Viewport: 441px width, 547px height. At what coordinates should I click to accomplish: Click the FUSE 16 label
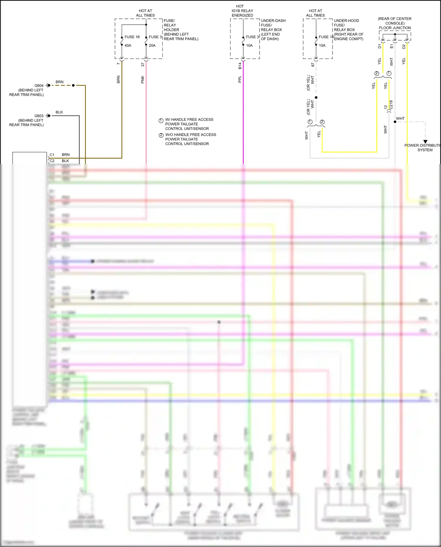(132, 37)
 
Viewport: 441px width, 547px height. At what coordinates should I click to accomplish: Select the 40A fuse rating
(128, 46)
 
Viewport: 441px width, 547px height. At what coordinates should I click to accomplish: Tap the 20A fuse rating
(152, 46)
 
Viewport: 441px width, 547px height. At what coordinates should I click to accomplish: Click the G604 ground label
(39, 86)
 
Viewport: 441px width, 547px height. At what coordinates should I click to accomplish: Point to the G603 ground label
(39, 116)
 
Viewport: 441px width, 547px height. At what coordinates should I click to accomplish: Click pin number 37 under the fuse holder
(143, 65)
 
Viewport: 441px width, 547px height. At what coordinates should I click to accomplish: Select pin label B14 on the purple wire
(240, 66)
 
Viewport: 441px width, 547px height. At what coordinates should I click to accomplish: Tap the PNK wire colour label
(143, 80)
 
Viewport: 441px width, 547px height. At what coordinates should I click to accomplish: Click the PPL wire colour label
(240, 79)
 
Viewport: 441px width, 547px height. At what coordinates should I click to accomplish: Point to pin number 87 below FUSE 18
(313, 65)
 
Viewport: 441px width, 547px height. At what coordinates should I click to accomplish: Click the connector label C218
(391, 105)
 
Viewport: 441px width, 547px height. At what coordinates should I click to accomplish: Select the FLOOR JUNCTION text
(395, 28)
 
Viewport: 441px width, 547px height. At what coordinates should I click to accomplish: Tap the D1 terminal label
(380, 46)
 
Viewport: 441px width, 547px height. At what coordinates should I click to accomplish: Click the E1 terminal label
(392, 46)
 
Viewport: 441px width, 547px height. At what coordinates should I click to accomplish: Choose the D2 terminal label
(404, 46)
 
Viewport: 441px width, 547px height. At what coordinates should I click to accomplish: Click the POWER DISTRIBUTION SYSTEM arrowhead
(425, 142)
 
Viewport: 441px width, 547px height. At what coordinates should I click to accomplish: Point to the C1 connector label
(52, 155)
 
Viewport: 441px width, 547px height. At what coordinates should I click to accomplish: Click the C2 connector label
(52, 161)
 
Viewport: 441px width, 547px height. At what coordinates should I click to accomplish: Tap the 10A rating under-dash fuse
(249, 46)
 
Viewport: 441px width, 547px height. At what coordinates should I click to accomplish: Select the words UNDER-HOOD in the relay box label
(346, 21)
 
